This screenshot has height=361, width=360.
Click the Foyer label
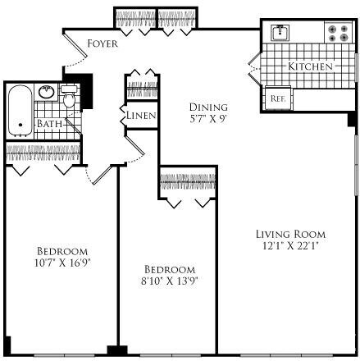point(102,42)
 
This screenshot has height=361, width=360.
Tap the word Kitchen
point(310,65)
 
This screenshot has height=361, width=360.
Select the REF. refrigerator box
point(277,98)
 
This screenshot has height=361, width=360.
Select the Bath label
point(48,124)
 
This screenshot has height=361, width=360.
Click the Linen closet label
point(140,116)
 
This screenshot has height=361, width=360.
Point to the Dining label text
point(204,107)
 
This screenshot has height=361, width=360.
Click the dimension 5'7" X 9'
point(204,118)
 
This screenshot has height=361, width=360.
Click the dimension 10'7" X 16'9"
point(61,263)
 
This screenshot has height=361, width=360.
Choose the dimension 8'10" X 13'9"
point(171,281)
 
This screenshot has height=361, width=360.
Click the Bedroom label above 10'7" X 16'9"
point(62,251)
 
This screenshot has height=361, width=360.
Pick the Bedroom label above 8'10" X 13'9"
point(170,269)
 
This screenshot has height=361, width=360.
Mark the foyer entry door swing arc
point(74,57)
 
